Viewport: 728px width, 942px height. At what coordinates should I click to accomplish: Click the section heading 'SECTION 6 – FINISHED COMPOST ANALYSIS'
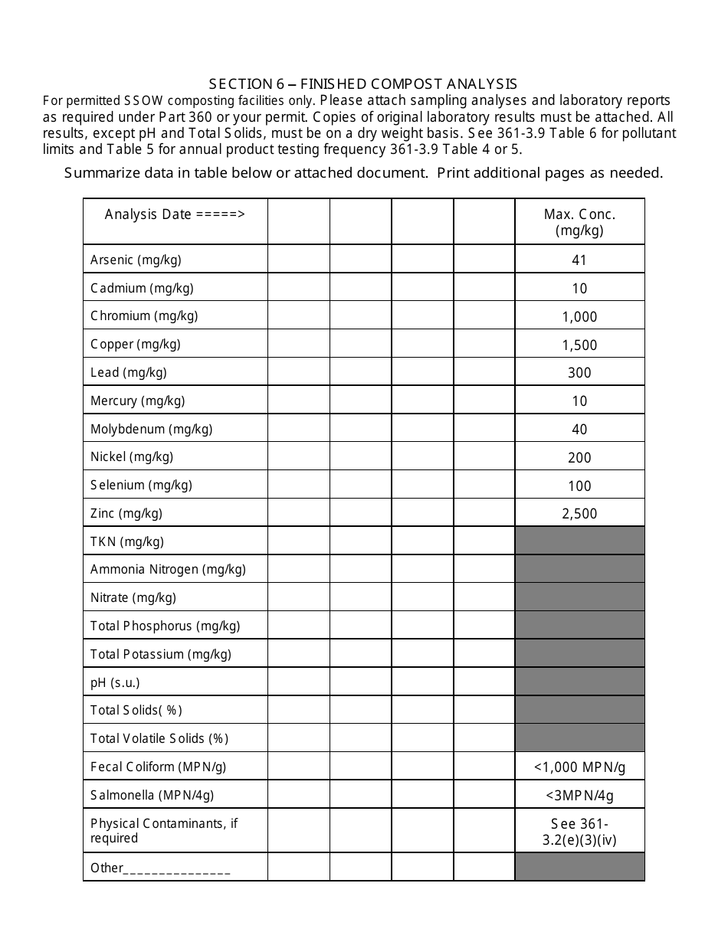[363, 84]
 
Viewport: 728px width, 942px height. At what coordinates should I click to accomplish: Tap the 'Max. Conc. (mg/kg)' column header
[579, 222]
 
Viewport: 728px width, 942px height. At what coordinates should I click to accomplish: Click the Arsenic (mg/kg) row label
[136, 260]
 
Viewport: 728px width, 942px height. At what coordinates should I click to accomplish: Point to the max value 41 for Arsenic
[579, 260]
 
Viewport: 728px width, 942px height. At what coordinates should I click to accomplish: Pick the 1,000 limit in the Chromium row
[579, 317]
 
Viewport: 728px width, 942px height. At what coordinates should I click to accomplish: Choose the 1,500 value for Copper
[579, 345]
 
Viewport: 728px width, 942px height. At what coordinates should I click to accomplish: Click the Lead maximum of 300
[579, 373]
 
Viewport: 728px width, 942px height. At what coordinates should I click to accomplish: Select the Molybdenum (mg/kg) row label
[151, 429]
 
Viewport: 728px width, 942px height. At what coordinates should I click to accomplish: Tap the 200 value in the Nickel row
[579, 458]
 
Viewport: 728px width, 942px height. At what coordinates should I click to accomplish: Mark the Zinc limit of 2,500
[579, 514]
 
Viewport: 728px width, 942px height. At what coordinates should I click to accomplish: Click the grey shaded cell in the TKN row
[579, 541]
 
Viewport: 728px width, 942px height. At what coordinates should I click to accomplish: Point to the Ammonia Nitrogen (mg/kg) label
[168, 570]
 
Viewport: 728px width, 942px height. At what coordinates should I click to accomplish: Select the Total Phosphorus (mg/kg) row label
[165, 626]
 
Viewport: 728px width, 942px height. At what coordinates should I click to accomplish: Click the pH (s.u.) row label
[115, 682]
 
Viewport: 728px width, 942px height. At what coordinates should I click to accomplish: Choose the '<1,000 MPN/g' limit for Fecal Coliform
[579, 767]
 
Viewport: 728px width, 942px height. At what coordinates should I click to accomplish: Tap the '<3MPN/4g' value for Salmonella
[579, 795]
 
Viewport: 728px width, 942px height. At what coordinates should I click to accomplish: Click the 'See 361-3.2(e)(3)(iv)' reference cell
[579, 831]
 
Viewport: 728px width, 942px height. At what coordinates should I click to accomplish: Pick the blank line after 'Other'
[177, 870]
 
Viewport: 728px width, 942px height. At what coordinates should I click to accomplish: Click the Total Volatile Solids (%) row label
[159, 739]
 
